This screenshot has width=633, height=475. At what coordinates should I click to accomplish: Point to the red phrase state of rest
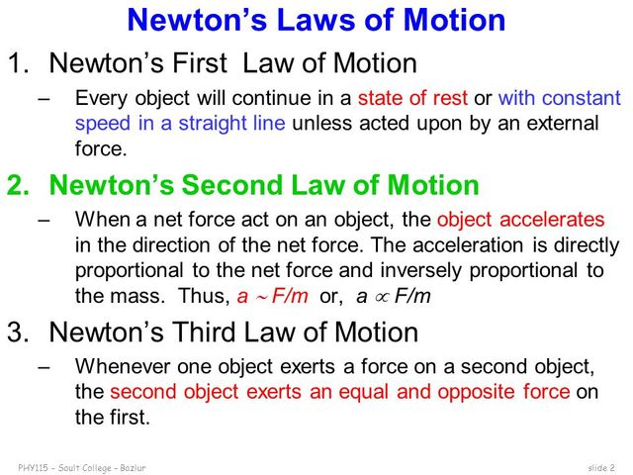(409, 99)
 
